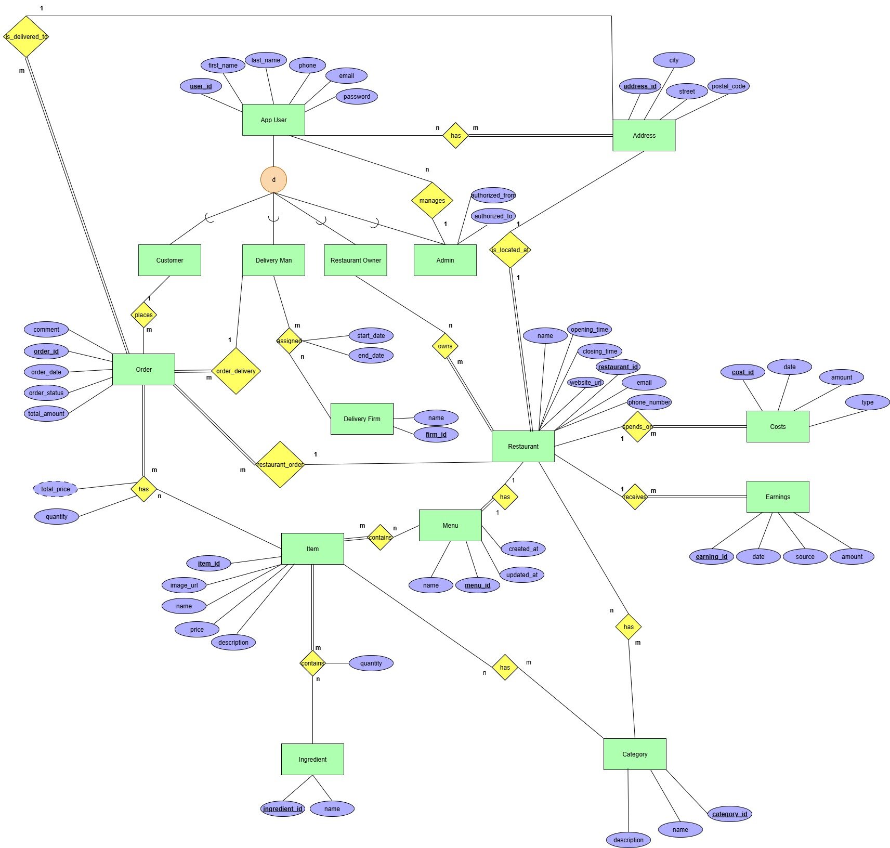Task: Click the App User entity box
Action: (273, 120)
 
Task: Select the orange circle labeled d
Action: (273, 180)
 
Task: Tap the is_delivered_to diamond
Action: (26, 37)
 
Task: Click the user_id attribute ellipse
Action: (201, 86)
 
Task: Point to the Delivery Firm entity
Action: (362, 419)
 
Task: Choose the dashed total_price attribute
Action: (55, 489)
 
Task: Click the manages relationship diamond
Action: (432, 200)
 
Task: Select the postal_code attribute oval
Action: (728, 86)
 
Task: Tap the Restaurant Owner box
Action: (356, 260)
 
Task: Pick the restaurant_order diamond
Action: (280, 464)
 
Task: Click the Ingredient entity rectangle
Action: (312, 759)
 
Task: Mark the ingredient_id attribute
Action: (282, 808)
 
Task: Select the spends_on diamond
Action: (637, 427)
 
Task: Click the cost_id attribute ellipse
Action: (742, 372)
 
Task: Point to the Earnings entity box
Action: (778, 497)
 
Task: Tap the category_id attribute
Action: (729, 814)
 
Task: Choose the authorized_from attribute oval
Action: (493, 195)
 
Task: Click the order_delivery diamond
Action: (235, 371)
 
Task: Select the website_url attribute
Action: (585, 383)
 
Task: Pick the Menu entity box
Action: (450, 525)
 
